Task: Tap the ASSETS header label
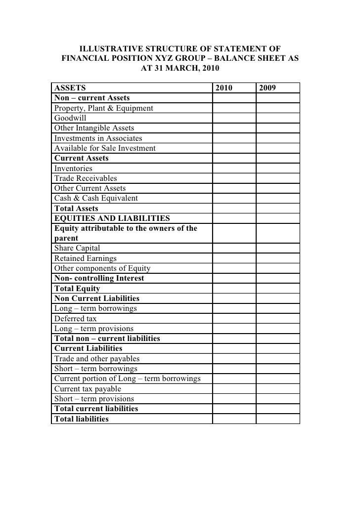coord(70,88)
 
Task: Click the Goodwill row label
coord(70,118)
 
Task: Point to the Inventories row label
coord(73,169)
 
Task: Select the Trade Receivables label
coord(86,178)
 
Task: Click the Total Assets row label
coord(76,209)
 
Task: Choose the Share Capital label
coord(77,248)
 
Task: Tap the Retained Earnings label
coord(86,258)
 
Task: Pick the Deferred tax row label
coord(76,319)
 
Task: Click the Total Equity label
coord(77,289)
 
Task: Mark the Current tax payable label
coord(88,389)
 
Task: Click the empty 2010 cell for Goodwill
coord(234,118)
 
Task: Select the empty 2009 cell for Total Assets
coord(278,209)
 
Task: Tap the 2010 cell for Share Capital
coord(234,248)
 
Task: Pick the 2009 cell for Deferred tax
coord(278,319)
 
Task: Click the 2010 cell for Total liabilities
coord(234,419)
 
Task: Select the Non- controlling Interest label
coord(99,278)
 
